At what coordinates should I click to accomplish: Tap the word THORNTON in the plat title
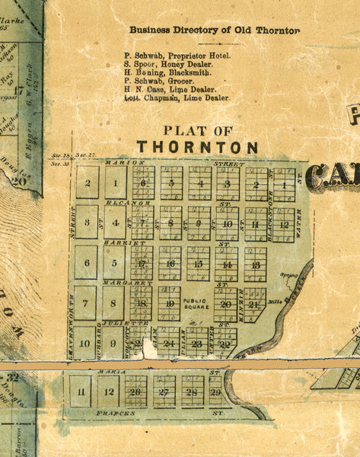197,146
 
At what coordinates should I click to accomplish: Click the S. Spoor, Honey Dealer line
168,66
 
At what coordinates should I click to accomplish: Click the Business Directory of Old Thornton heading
214,30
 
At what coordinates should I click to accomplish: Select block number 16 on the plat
171,264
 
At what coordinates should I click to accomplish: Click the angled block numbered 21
254,304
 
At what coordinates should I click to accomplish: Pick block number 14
226,264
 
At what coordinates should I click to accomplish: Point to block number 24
170,344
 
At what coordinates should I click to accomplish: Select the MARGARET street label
113,282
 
